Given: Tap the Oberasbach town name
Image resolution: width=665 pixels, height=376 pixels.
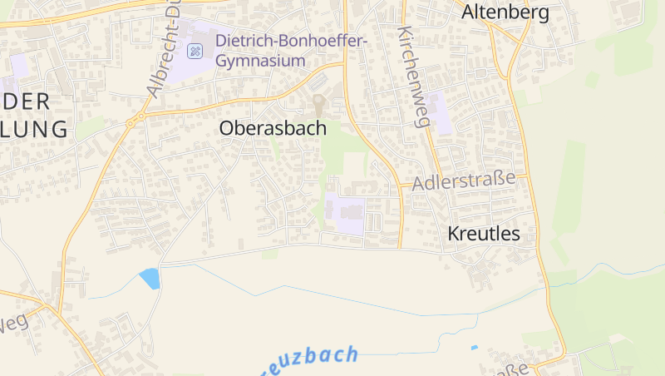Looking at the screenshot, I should [x=273, y=128].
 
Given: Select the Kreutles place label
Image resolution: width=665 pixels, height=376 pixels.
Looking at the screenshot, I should [x=484, y=234].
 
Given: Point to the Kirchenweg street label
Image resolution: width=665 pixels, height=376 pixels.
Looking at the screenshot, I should [x=412, y=77].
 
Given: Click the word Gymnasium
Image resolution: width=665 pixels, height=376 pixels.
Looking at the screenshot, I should [x=260, y=61].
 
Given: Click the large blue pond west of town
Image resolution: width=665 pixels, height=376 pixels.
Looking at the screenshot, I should [x=150, y=278].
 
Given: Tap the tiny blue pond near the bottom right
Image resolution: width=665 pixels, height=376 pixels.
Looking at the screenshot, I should [x=475, y=347].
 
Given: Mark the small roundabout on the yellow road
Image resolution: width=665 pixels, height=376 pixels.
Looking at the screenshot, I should [x=131, y=123].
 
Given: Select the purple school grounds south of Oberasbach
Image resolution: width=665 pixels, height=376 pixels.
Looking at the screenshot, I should [x=344, y=213].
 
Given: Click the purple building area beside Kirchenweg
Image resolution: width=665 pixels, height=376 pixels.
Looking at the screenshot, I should [x=441, y=114].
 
